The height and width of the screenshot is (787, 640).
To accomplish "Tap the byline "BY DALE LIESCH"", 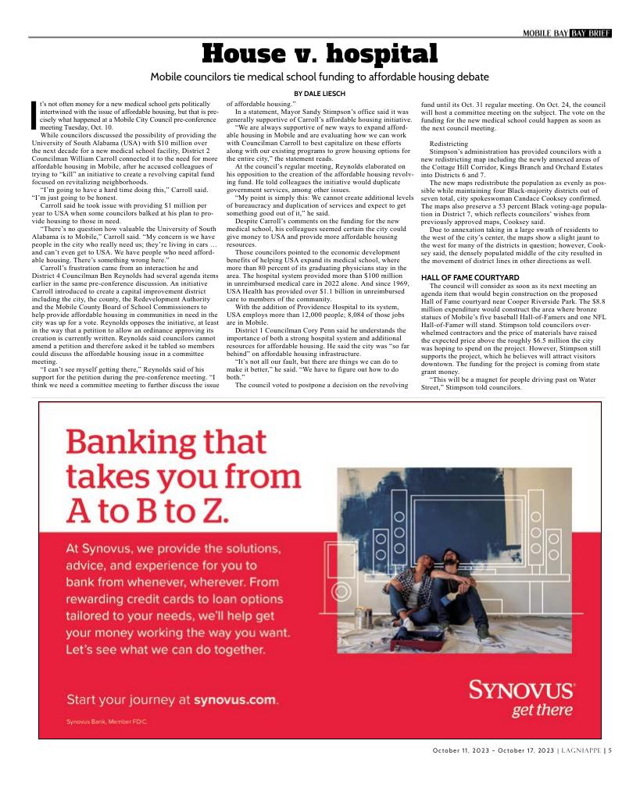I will [x=320, y=94].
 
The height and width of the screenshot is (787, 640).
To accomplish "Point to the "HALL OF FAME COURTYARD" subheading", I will [x=470, y=277].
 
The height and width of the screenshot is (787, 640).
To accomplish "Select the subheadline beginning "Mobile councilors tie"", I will [x=320, y=77].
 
